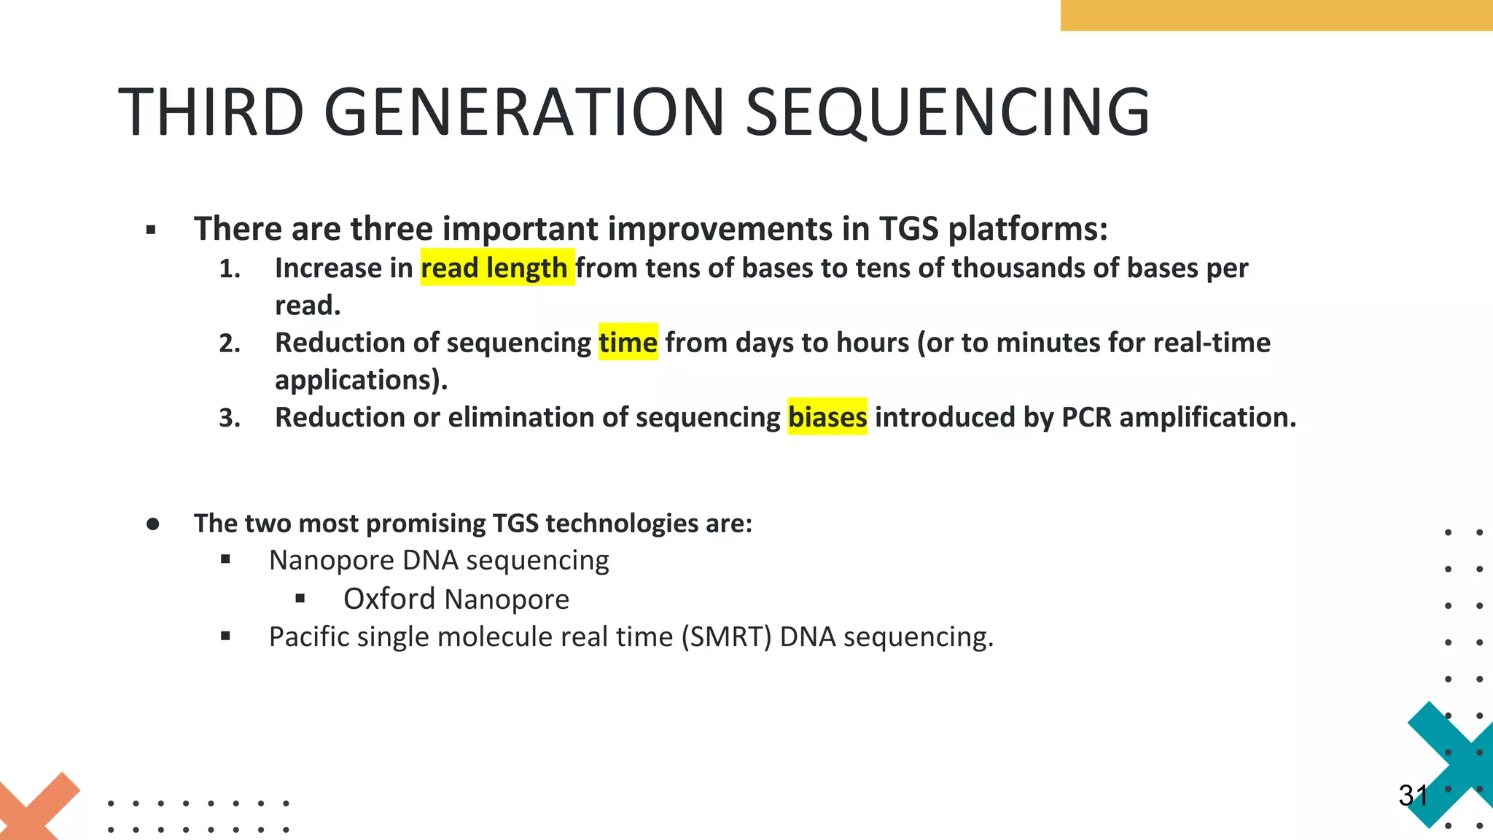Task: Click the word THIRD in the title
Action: click(211, 112)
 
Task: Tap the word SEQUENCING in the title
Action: click(947, 112)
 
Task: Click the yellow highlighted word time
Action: click(628, 342)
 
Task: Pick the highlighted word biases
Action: click(827, 417)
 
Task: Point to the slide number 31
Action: click(1413, 796)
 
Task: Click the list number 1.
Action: click(229, 269)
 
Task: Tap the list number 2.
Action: click(229, 343)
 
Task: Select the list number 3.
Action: click(229, 419)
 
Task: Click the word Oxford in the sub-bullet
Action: click(389, 599)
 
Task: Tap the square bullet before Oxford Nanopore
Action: click(300, 599)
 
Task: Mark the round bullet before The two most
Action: click(152, 524)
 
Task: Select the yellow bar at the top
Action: click(1276, 15)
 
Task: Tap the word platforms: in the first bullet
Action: click(1028, 229)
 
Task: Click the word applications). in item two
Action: click(361, 380)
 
